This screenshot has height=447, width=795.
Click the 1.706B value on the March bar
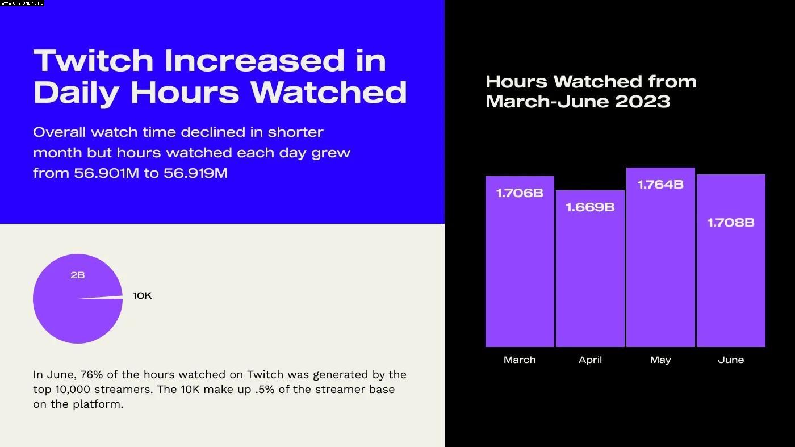click(520, 193)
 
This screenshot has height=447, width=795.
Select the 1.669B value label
click(590, 207)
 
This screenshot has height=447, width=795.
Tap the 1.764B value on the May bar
click(660, 185)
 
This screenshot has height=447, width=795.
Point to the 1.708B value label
click(731, 223)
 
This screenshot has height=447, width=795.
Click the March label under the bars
click(520, 360)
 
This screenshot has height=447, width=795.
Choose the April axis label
click(590, 360)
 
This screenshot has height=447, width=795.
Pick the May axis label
click(660, 360)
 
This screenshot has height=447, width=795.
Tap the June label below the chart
click(731, 360)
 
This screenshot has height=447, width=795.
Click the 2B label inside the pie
click(78, 275)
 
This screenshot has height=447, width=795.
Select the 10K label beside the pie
click(143, 295)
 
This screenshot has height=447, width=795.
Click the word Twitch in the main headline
click(94, 60)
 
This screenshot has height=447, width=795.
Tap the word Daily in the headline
click(76, 92)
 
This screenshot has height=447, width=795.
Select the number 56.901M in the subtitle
click(106, 173)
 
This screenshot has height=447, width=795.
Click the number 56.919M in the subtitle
click(195, 173)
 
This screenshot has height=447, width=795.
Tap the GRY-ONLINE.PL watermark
click(22, 3)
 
